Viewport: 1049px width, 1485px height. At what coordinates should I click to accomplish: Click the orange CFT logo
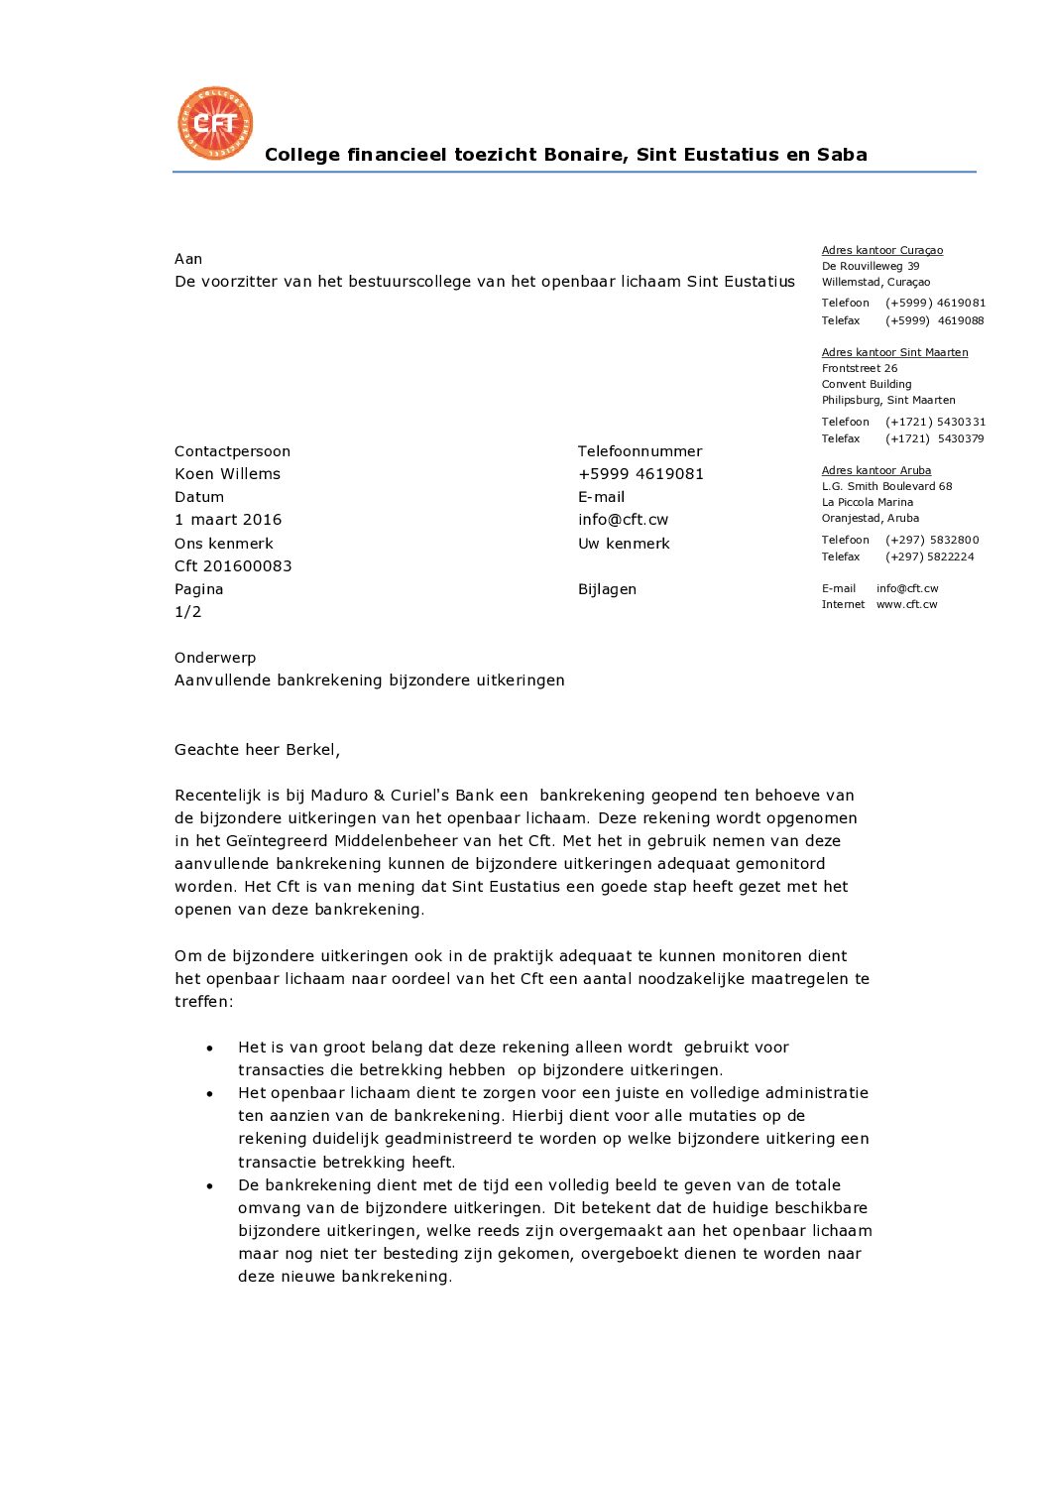click(215, 123)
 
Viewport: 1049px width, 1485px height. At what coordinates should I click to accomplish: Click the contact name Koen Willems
click(227, 474)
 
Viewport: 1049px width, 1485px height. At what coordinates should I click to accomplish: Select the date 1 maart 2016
click(228, 520)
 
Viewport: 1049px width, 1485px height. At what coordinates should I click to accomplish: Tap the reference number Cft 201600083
click(233, 566)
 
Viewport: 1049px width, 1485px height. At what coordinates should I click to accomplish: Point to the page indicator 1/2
click(187, 612)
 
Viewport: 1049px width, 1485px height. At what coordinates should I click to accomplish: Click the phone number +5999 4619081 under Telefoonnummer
click(641, 474)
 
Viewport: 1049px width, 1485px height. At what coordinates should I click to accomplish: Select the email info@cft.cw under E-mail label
click(623, 520)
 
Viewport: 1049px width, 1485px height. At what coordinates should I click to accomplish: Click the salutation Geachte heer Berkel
click(257, 750)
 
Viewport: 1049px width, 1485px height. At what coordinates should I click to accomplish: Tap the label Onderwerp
click(215, 658)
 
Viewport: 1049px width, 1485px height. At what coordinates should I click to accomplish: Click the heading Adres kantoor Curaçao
click(881, 250)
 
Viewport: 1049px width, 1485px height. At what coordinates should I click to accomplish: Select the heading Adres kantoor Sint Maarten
click(894, 352)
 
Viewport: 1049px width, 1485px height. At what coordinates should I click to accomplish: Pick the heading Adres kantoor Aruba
click(875, 470)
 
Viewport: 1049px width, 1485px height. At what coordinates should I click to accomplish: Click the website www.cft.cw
click(906, 604)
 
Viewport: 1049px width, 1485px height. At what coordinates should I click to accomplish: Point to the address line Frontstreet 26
click(859, 368)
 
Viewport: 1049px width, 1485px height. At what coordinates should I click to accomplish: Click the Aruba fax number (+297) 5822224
click(929, 557)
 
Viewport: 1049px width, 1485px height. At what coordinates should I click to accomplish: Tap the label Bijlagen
click(607, 589)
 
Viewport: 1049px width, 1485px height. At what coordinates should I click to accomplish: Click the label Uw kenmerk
click(624, 544)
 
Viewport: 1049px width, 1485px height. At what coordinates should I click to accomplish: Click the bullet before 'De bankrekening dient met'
click(210, 1185)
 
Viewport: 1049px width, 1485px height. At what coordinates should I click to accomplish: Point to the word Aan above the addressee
click(188, 259)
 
